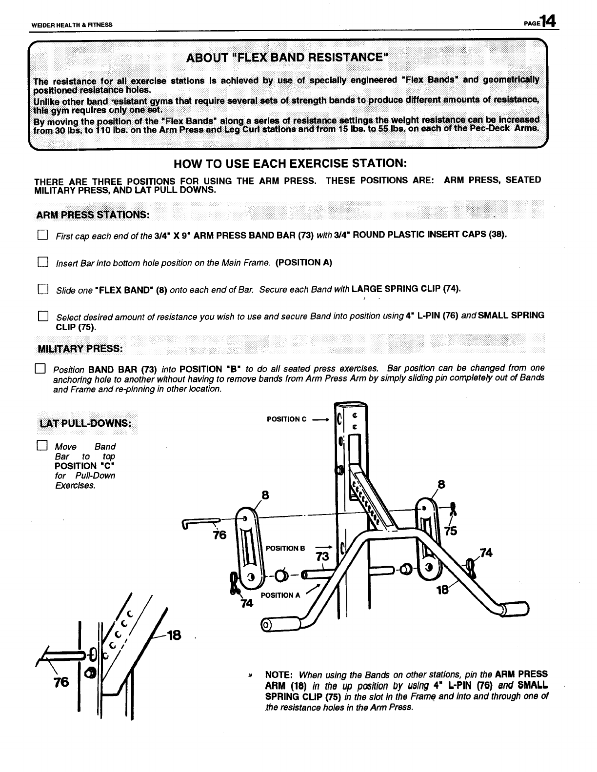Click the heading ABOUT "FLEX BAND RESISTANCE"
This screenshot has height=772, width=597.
288,58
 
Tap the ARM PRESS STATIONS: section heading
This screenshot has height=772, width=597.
93,215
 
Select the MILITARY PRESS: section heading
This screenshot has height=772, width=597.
80,349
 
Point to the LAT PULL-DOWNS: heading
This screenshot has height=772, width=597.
85,422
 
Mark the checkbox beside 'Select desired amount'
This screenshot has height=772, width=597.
42,317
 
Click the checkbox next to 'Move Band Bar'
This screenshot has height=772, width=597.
42,446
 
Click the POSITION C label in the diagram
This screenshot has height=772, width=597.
287,419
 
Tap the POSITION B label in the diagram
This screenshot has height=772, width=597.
285,548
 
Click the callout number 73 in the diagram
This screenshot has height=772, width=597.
323,557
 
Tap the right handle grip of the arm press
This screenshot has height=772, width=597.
516,609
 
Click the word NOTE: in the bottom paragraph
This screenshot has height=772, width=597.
278,675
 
